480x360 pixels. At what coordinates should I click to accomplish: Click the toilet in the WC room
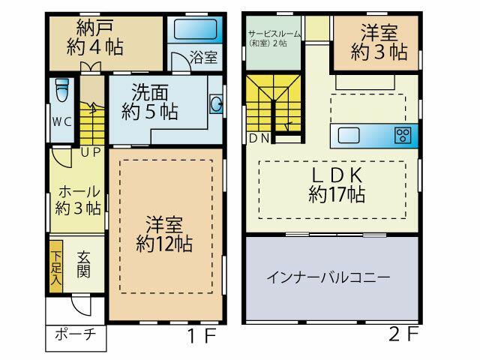(x=62, y=90)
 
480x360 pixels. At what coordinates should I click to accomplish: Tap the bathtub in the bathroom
(x=195, y=28)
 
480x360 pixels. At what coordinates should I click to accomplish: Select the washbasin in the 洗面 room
(x=217, y=104)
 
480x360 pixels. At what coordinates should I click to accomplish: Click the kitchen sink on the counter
(x=349, y=135)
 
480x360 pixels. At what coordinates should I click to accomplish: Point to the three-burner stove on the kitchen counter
(x=403, y=135)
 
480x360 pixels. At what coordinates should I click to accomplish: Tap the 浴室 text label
(x=203, y=57)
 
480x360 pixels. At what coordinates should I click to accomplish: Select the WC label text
(x=61, y=121)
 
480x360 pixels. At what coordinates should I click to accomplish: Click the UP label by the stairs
(x=91, y=151)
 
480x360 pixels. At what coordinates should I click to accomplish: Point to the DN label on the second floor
(x=259, y=138)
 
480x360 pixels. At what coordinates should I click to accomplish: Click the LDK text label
(x=337, y=175)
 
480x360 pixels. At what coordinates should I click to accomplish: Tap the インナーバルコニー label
(x=328, y=277)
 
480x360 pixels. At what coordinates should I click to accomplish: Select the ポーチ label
(x=76, y=334)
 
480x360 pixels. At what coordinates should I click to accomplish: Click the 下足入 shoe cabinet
(x=56, y=266)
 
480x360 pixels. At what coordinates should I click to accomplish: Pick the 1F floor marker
(x=202, y=335)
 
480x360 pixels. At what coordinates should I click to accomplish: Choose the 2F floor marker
(x=403, y=334)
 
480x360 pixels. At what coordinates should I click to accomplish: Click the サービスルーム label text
(x=274, y=34)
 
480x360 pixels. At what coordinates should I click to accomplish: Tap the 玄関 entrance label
(x=83, y=265)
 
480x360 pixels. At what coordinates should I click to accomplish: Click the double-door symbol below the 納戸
(x=91, y=67)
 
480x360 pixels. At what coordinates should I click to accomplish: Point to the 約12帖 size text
(x=164, y=244)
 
